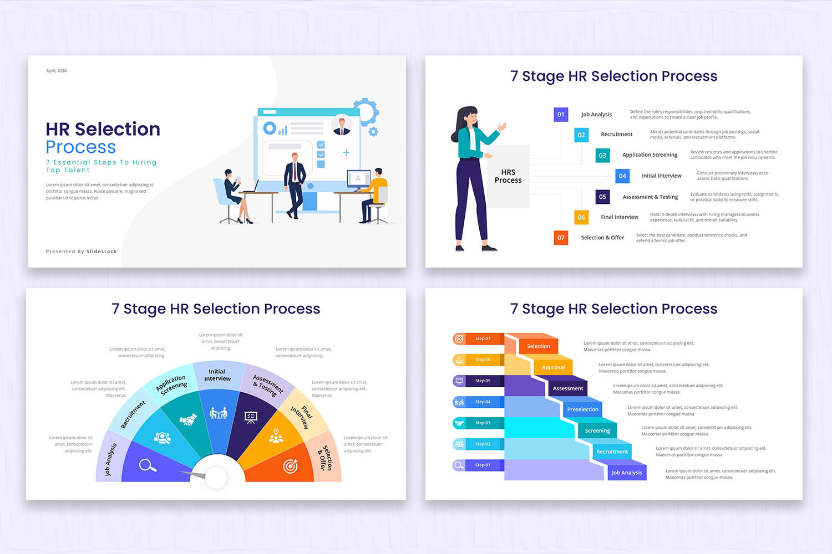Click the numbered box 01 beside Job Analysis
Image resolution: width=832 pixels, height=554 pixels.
pos(561,115)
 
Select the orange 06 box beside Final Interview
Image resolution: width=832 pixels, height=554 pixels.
pos(581,217)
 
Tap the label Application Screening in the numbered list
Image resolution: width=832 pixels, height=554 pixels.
pos(650,155)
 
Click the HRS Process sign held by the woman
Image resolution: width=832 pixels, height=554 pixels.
pos(508,176)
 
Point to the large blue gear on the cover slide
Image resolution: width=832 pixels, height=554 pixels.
pos(366,111)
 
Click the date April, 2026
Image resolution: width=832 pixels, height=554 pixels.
pos(57,71)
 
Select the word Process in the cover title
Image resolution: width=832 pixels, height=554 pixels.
pos(81,147)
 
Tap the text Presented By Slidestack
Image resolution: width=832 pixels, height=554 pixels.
pos(82,252)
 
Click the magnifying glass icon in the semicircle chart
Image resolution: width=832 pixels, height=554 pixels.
pos(147,465)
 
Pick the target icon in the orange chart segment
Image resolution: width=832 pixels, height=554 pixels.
pos(290,466)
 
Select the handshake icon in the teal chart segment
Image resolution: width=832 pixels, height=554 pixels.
pos(188,420)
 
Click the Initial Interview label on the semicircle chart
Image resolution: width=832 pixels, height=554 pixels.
pos(217,375)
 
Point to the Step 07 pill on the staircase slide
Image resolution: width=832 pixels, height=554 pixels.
pos(478,338)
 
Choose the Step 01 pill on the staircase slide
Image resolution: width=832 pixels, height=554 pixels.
pos(478,465)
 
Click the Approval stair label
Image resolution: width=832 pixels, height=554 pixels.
pos(553,367)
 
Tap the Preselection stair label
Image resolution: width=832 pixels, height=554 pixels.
pos(582,409)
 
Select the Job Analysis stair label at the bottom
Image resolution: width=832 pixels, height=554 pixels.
pos(627,473)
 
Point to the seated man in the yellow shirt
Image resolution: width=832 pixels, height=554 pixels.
pos(376,194)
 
